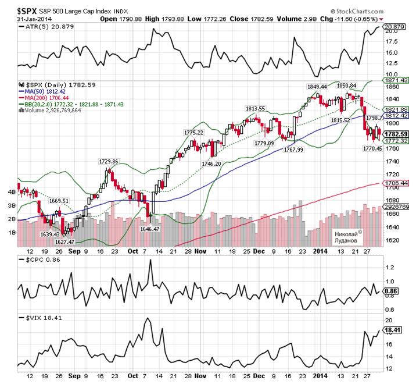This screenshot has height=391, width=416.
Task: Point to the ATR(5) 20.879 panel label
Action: click(x=40, y=27)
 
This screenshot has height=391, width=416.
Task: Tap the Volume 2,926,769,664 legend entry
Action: click(x=56, y=110)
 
